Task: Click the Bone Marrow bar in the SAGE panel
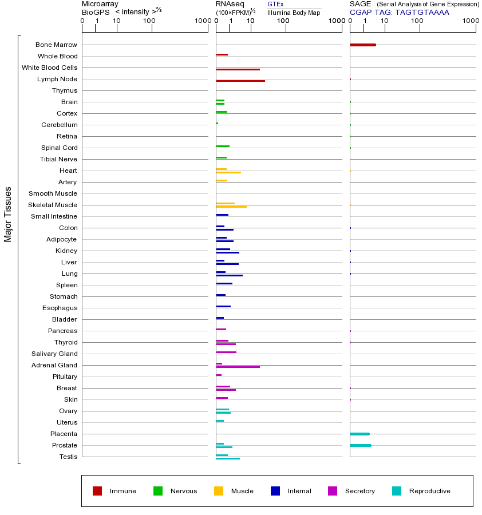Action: click(362, 45)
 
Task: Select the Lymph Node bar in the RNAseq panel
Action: click(240, 81)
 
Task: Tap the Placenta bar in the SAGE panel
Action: click(359, 434)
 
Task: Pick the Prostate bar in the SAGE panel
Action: click(360, 445)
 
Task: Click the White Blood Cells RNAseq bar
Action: click(238, 69)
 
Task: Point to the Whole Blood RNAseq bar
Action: click(222, 54)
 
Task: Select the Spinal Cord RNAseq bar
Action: click(223, 146)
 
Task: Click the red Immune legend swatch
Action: click(97, 491)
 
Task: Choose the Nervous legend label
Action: click(183, 491)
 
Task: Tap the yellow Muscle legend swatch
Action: click(219, 491)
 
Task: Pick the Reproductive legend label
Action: click(429, 491)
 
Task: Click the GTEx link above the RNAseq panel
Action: click(275, 4)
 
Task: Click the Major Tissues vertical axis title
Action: click(8, 214)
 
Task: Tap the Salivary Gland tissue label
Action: click(56, 354)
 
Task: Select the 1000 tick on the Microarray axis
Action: click(202, 21)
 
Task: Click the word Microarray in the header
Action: click(100, 4)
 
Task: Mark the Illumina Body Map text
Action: click(294, 12)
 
